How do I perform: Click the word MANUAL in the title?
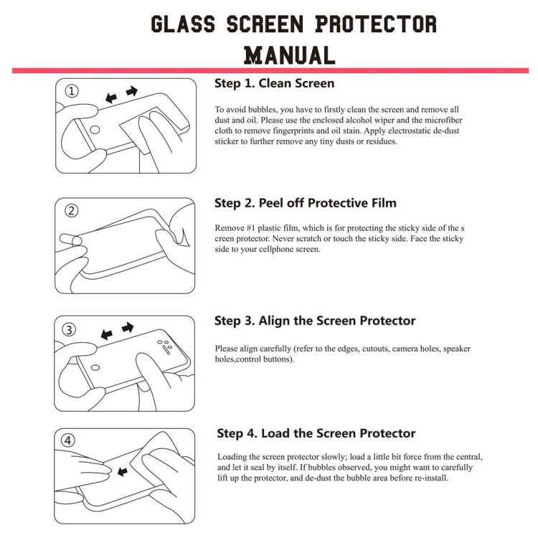(290, 55)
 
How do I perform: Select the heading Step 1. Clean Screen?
(275, 83)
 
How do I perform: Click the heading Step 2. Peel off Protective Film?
(306, 203)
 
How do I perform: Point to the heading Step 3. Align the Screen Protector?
(315, 321)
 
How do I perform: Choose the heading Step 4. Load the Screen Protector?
(316, 433)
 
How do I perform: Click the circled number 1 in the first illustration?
(72, 91)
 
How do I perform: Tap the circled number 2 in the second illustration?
(72, 211)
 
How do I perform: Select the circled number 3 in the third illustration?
(70, 330)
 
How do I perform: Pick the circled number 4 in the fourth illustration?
(70, 441)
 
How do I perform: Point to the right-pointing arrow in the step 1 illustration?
(131, 91)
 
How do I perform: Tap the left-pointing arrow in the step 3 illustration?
(108, 334)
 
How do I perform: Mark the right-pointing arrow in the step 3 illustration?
(128, 328)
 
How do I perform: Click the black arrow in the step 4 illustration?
(123, 472)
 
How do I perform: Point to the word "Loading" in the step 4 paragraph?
(234, 456)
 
